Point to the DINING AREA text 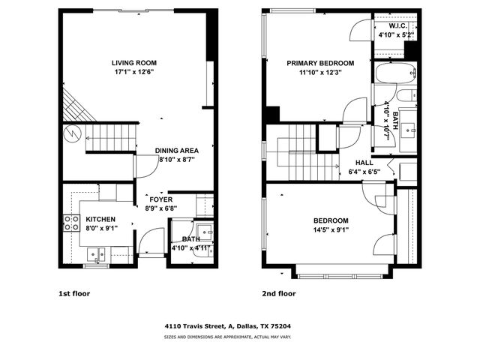coord(176,151)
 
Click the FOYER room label coord(160,199)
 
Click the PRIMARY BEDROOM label coord(320,64)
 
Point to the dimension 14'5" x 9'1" coord(330,229)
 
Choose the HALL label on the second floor coord(364,162)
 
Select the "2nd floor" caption coord(279,293)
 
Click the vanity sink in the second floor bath coord(410,129)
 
